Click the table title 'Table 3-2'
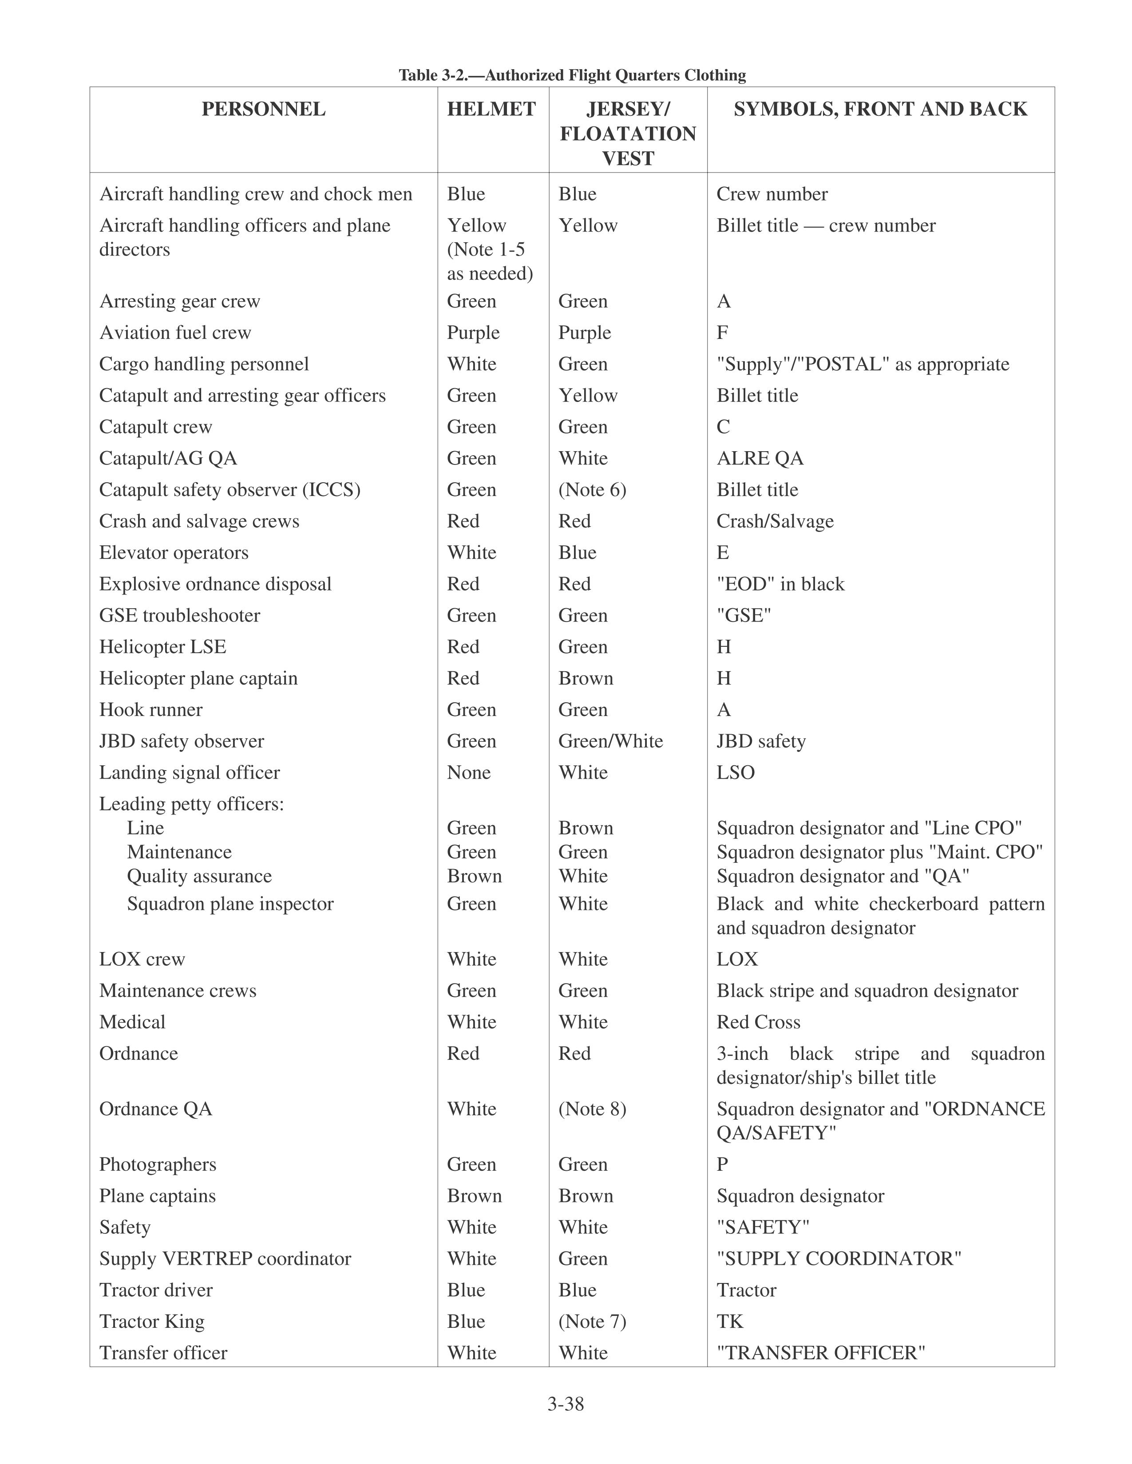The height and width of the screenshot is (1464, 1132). (572, 75)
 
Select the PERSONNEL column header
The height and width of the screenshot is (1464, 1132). (264, 109)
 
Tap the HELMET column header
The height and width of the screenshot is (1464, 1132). (491, 109)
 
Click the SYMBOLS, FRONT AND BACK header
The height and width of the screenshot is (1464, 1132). (880, 109)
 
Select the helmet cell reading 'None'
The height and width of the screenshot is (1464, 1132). (469, 772)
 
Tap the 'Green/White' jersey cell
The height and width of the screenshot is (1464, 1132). (610, 741)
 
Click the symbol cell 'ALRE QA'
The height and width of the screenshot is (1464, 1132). (760, 459)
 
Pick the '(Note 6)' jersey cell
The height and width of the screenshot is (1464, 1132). (592, 490)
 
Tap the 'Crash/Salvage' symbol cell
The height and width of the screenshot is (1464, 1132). (775, 522)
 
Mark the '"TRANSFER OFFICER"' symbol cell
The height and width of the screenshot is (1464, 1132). (821, 1353)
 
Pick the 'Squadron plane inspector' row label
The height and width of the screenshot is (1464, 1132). (230, 904)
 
